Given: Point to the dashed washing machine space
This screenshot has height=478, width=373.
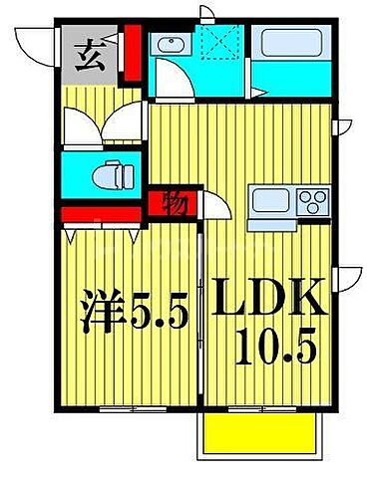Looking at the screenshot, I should (212, 46).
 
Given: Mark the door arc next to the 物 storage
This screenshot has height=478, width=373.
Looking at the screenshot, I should (215, 209).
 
